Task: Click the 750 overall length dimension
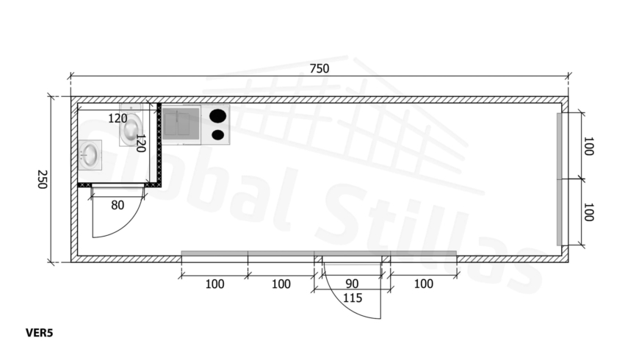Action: click(319, 68)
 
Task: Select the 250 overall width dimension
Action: click(42, 179)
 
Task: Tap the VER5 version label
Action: click(39, 333)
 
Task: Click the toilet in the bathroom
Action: click(131, 124)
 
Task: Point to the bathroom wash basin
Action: click(90, 155)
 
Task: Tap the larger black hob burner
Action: click(218, 116)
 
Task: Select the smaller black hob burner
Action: click(218, 134)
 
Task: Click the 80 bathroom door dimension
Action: click(118, 205)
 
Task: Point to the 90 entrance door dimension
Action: click(352, 284)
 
